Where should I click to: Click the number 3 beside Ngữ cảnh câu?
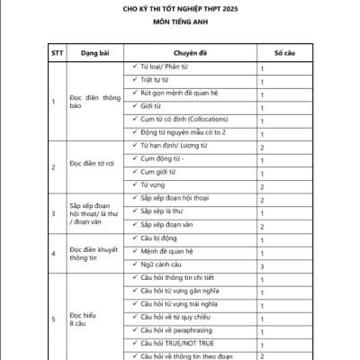pos(261,267)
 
